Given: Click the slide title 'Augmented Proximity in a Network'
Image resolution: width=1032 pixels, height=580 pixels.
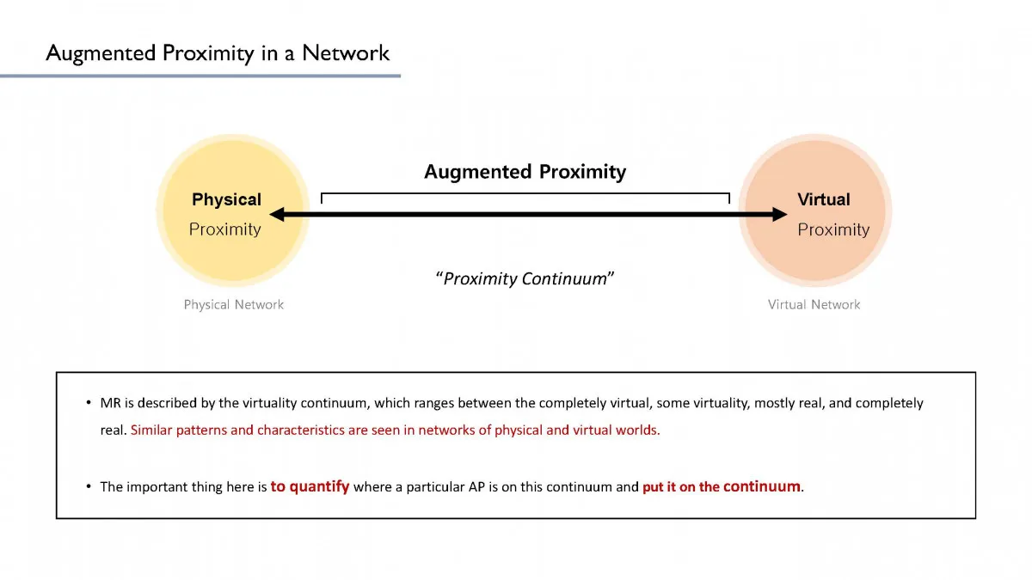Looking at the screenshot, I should tap(218, 53).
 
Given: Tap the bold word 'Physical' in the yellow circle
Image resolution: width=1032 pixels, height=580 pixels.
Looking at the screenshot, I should tap(226, 199).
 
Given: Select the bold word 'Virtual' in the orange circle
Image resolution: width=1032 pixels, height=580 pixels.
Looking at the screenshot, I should tap(823, 199).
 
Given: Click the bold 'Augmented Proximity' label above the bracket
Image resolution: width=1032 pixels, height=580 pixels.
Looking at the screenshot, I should tap(525, 172).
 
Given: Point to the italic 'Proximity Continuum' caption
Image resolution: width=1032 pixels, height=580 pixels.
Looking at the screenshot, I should tap(525, 278).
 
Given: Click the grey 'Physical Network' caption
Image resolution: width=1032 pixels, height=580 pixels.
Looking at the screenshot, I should tap(233, 304).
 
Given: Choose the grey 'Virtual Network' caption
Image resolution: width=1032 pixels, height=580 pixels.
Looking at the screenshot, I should tap(814, 304).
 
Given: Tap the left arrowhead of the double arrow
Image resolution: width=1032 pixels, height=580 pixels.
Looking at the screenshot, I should tap(277, 215).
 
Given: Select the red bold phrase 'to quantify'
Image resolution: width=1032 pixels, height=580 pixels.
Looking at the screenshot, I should tap(310, 486).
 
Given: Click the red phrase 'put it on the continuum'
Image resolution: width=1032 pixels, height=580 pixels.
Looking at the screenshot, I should tap(722, 486).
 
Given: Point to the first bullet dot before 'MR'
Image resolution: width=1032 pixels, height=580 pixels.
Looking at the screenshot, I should tap(88, 403).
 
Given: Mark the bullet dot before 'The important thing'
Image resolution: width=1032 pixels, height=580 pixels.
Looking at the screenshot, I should tap(88, 487).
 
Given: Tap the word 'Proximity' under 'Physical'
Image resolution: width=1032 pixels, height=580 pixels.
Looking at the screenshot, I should tap(224, 229).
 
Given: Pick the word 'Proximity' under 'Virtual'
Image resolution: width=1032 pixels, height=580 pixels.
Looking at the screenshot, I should tap(832, 229).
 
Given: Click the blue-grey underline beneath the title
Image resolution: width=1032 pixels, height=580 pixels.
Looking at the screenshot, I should tap(200, 76).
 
